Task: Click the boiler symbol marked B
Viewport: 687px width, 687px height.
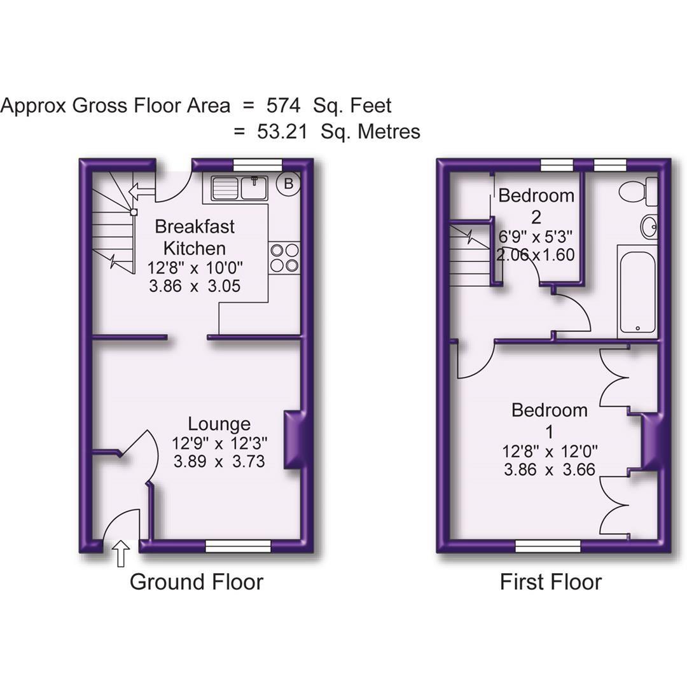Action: (x=289, y=184)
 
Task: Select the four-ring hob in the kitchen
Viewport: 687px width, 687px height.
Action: (x=284, y=258)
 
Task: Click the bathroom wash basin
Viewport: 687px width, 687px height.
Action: (x=648, y=227)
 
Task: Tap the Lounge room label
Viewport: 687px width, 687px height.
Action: (x=219, y=424)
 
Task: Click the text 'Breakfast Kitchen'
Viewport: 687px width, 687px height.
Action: (x=195, y=237)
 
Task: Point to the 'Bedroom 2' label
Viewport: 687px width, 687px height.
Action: (x=536, y=205)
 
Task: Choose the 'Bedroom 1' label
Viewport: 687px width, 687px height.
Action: (x=550, y=420)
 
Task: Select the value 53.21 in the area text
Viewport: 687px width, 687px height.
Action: (x=282, y=132)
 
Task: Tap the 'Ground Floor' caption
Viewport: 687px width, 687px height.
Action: (x=196, y=581)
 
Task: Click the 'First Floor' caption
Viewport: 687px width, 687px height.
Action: (x=550, y=581)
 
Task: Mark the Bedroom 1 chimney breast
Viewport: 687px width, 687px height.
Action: (x=651, y=442)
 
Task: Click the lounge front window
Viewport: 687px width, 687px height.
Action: (x=238, y=545)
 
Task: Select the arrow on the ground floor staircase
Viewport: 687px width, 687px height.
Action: (x=141, y=190)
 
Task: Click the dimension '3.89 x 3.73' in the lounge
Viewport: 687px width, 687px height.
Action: (x=219, y=461)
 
